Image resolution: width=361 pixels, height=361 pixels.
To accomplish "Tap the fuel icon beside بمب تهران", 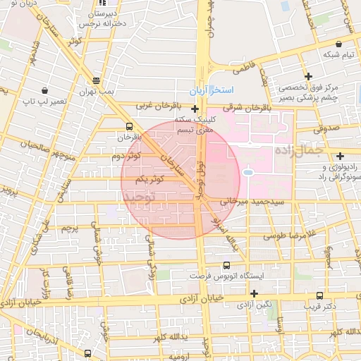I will click(x=96, y=80).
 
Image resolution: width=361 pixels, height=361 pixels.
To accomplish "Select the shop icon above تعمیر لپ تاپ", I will click(x=45, y=90).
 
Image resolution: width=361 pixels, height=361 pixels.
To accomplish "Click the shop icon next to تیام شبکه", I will click(x=328, y=40).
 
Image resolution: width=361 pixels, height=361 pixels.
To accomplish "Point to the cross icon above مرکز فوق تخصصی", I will click(x=308, y=76).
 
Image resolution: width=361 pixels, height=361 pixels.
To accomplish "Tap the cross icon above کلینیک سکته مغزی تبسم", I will click(x=195, y=109).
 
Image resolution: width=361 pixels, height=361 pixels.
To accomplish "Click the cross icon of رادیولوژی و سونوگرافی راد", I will click(x=341, y=156).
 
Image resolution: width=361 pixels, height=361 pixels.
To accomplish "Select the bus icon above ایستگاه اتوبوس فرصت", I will click(x=226, y=266).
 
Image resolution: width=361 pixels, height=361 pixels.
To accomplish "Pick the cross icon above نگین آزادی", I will click(x=254, y=293).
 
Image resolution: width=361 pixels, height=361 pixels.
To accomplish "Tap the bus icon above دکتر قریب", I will click(x=320, y=296).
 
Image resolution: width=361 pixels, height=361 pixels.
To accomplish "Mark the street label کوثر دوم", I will click(x=126, y=156).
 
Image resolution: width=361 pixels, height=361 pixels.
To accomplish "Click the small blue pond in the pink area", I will click(x=248, y=171).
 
